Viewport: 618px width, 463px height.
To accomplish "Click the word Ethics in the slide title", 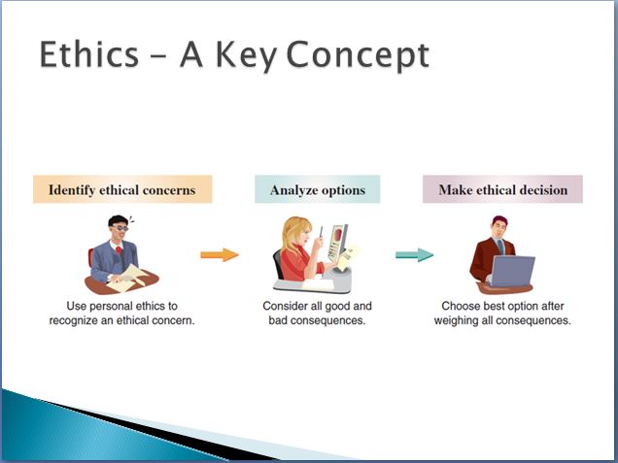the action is click(89, 54).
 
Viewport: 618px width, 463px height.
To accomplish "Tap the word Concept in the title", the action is click(358, 56).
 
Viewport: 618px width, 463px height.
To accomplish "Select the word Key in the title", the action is click(247, 56).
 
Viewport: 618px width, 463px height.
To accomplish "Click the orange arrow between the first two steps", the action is click(220, 254).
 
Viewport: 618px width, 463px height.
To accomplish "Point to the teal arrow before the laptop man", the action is click(414, 254).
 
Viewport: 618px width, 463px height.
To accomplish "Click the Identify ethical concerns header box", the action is click(122, 189).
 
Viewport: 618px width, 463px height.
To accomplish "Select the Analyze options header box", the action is click(318, 189).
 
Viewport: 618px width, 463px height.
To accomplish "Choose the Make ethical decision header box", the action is click(502, 189).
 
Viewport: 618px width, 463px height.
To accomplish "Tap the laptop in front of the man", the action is click(511, 271).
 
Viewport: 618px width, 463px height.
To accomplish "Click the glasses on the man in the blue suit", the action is click(120, 228).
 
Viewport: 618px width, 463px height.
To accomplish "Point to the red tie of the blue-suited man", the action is click(119, 250).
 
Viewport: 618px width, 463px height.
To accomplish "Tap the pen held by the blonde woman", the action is click(322, 231).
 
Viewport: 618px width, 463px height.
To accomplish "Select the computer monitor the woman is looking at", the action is click(338, 242).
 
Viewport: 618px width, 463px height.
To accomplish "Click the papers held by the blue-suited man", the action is click(128, 279).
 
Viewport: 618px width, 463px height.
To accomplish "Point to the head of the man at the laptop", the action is click(499, 227).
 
